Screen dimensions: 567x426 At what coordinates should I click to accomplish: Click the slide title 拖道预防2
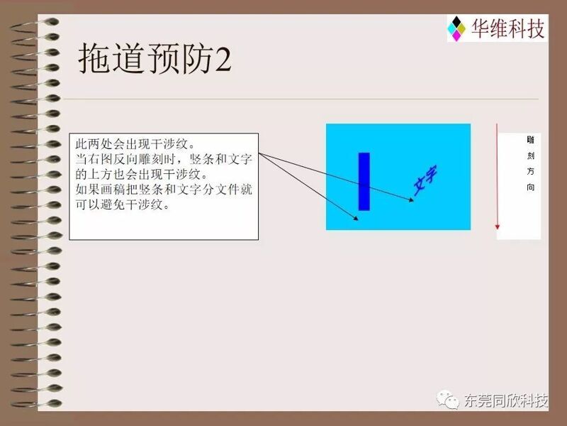[155, 59]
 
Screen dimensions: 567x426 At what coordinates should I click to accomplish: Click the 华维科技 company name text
[507, 28]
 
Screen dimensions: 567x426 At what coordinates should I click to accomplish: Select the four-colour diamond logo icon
[456, 28]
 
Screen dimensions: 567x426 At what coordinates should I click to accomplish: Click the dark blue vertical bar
[364, 182]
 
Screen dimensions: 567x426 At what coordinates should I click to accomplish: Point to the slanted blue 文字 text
[425, 180]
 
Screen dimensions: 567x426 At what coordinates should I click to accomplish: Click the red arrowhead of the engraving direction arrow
[498, 226]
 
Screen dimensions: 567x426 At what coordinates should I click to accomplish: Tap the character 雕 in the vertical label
[530, 140]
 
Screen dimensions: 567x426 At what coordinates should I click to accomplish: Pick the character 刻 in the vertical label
[530, 155]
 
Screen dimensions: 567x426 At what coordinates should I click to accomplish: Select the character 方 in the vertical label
[530, 171]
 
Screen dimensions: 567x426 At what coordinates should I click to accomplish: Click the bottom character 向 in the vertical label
[530, 187]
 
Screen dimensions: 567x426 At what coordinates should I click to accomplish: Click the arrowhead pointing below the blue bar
[356, 218]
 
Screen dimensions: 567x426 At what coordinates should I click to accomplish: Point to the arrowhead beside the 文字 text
[411, 200]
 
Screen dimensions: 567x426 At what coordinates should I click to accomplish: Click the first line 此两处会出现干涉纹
[135, 144]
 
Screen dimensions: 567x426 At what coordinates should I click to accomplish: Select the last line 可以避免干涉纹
[123, 204]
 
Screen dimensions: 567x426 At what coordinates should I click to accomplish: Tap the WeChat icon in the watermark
[448, 400]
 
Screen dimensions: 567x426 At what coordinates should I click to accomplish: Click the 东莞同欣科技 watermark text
[506, 400]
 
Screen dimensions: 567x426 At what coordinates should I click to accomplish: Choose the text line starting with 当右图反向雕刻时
[164, 159]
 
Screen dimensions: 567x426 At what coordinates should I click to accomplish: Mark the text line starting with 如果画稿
[164, 190]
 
